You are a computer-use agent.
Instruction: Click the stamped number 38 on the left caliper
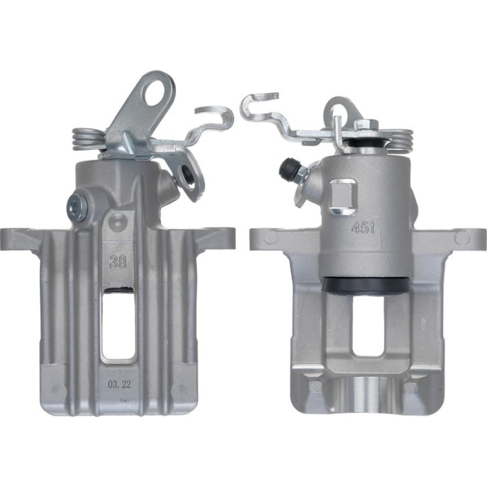[118, 262]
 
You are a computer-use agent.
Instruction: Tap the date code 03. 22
[119, 385]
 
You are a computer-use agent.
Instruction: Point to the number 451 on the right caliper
[363, 228]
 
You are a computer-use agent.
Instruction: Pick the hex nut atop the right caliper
[367, 125]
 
